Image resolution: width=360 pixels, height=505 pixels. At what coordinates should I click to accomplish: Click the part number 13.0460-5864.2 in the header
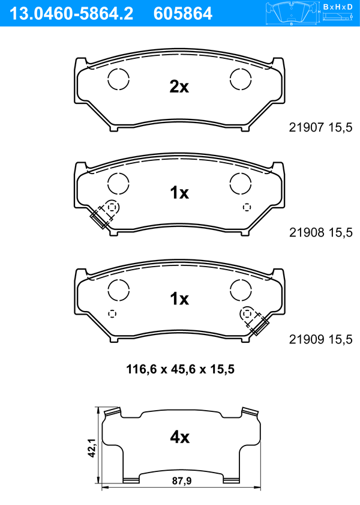pos(71,14)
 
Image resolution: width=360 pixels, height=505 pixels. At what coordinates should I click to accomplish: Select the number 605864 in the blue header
pos(183,14)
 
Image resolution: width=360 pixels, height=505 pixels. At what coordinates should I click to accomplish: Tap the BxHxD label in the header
pos(338,7)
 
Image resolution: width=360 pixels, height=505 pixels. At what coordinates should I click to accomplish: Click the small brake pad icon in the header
pos(292,14)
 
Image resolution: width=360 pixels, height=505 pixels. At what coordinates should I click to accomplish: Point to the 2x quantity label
pos(179,86)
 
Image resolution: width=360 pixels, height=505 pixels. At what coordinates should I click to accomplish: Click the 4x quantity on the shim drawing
pos(179,437)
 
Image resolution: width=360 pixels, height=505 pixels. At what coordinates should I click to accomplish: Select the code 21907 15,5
pos(320,127)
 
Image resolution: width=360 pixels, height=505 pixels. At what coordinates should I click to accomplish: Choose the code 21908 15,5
pos(321,232)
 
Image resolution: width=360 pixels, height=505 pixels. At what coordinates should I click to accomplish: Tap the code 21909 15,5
pos(320,339)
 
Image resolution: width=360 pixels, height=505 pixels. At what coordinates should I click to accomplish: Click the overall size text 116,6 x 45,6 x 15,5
pos(180,369)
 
